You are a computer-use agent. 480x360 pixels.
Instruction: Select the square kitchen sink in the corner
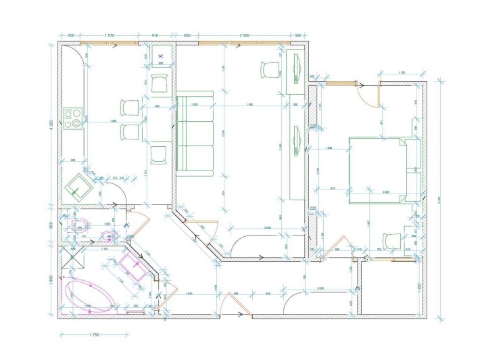[x=79, y=185]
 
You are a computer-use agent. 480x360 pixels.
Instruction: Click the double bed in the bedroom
[x=379, y=169]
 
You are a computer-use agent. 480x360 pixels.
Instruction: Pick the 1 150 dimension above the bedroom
[x=402, y=72]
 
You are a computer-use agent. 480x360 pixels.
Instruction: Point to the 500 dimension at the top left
[x=70, y=35]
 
